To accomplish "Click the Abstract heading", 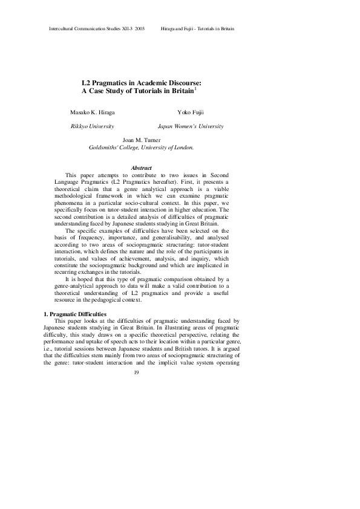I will (141, 167).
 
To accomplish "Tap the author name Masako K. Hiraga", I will (92, 113).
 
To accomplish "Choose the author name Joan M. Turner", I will (141, 140).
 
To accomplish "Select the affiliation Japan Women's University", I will (191, 126).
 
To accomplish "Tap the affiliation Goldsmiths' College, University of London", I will (141, 147).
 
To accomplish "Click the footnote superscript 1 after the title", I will (194, 88).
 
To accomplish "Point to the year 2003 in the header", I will (139, 29).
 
